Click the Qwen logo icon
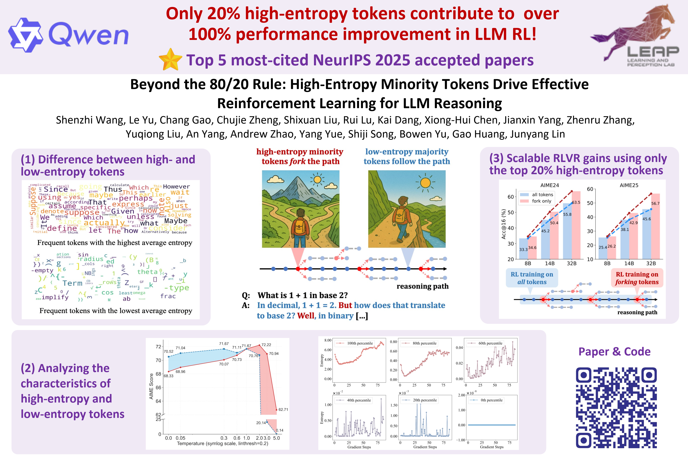click(26, 35)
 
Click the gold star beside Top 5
click(170, 60)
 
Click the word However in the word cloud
click(176, 187)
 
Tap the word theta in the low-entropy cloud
click(147, 272)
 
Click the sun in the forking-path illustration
click(317, 179)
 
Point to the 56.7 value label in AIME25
click(655, 203)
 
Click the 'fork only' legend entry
click(541, 201)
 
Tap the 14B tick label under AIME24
click(549, 263)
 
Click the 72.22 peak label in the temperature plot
click(266, 345)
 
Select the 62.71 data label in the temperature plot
click(283, 410)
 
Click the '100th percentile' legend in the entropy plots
click(359, 343)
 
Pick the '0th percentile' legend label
click(491, 400)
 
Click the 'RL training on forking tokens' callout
click(637, 278)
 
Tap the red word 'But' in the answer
click(345, 305)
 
